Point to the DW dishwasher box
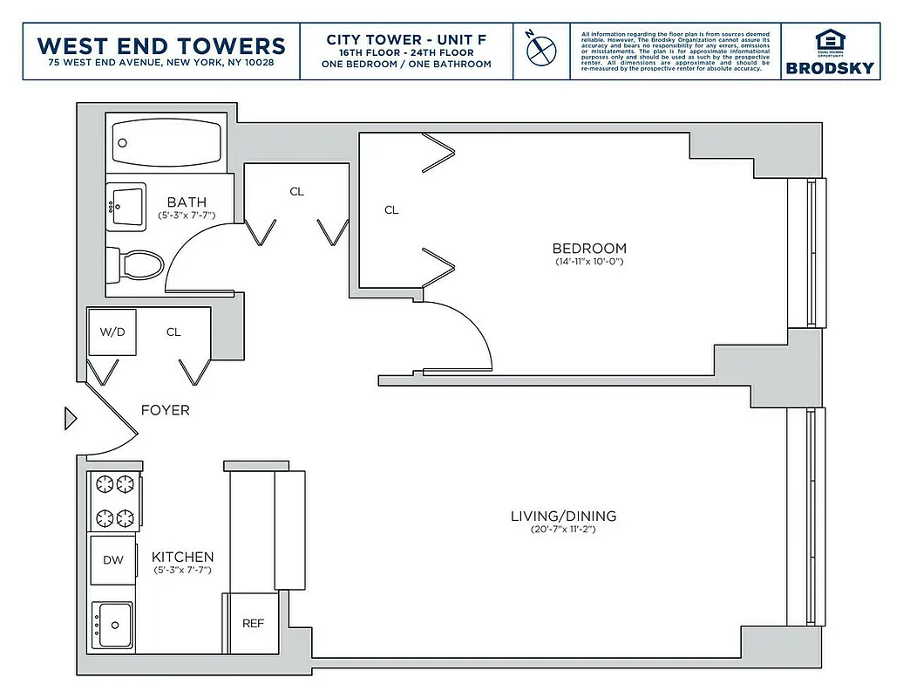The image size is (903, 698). [x=112, y=560]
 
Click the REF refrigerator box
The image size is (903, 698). [x=253, y=623]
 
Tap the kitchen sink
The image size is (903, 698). [x=112, y=624]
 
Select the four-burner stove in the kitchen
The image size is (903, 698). [x=113, y=502]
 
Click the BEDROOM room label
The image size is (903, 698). [x=589, y=249]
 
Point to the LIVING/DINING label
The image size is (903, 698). [x=563, y=517]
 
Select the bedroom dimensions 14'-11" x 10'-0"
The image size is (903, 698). [x=589, y=262]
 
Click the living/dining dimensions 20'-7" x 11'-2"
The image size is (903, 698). [x=563, y=530]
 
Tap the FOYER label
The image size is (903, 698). [x=165, y=410]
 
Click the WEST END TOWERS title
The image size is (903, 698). [x=161, y=45]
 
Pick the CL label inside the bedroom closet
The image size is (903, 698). [x=391, y=210]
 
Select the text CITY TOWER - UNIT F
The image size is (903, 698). [x=406, y=39]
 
